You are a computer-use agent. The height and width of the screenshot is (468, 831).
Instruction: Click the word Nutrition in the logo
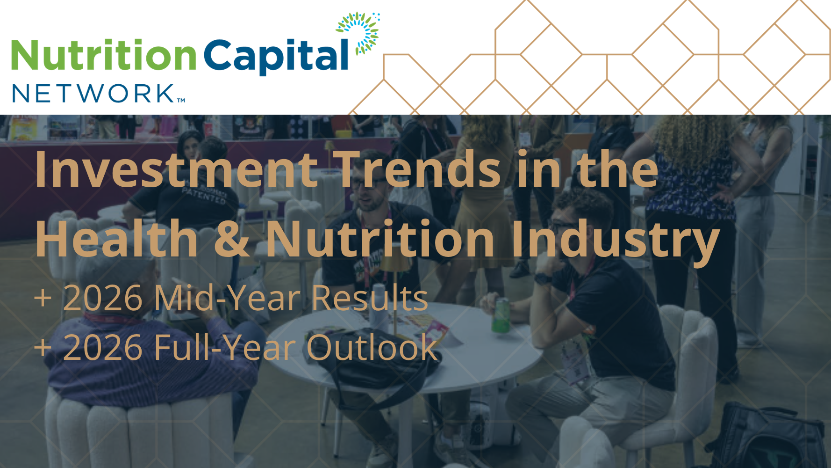pos(104,55)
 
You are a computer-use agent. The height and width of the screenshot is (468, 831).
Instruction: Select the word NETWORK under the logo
pos(94,94)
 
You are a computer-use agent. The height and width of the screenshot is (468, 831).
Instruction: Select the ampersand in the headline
pos(232,239)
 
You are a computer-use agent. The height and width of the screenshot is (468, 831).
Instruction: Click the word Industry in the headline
pos(616,241)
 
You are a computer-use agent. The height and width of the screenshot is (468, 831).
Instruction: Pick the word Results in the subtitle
pos(370,298)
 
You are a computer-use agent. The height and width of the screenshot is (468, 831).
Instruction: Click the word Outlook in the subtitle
pos(372,347)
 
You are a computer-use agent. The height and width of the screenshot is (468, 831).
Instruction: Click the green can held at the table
pos(501,314)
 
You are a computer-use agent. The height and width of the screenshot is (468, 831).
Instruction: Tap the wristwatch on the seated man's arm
pos(543,278)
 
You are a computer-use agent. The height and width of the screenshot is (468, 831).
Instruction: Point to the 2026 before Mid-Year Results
pos(103,298)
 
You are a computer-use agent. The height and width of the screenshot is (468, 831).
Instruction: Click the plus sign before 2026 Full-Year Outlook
pos(43,348)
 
